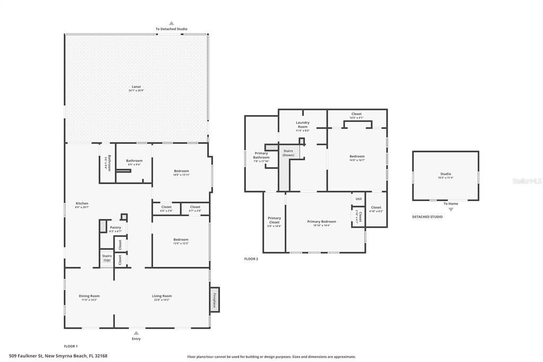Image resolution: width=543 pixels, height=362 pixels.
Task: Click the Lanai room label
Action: point(137,87)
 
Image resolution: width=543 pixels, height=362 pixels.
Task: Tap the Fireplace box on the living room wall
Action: point(215,300)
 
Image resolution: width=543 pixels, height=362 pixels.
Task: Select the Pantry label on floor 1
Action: point(116,228)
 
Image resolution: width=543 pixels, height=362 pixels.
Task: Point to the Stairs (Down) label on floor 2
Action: point(288,153)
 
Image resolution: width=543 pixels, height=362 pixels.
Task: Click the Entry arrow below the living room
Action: point(136,333)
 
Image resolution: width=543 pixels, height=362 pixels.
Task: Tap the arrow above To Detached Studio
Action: point(171,23)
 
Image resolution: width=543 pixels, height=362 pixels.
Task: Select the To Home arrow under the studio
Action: point(451,209)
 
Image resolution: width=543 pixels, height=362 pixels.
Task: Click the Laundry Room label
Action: point(302,124)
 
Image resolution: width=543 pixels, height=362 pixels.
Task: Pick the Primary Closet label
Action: point(274,220)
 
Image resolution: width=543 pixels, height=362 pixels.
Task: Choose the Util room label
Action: point(358,199)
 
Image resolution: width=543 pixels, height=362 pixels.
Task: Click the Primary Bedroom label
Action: point(321,221)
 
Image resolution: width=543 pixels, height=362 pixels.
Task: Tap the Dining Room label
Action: point(89,296)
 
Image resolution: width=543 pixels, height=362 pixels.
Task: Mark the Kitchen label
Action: point(82,203)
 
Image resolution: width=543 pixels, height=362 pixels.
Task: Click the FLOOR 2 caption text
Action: point(251,259)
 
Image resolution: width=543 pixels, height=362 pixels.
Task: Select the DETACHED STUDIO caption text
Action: point(427,217)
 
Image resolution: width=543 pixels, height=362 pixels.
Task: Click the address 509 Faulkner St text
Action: point(58,356)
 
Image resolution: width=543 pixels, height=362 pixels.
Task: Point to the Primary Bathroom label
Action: point(261,155)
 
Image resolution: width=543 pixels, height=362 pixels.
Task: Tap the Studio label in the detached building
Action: point(445,174)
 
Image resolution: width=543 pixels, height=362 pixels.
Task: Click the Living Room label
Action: point(162,296)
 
